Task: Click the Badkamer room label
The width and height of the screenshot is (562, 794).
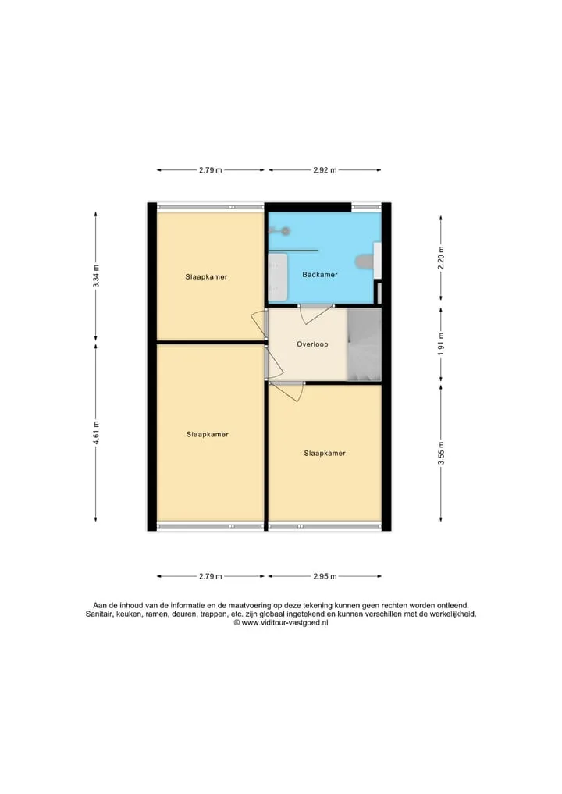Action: pyautogui.click(x=320, y=275)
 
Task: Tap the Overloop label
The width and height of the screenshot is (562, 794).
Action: pyautogui.click(x=312, y=344)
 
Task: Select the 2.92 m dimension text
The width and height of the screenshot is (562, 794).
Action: pyautogui.click(x=325, y=170)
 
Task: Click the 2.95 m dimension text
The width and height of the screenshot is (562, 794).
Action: pyautogui.click(x=325, y=576)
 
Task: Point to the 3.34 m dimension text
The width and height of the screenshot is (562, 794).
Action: pyautogui.click(x=96, y=276)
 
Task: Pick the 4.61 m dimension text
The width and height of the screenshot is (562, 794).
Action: pyautogui.click(x=96, y=433)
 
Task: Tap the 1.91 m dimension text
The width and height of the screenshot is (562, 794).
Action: pyautogui.click(x=441, y=344)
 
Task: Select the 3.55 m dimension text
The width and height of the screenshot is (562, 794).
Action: pyautogui.click(x=441, y=453)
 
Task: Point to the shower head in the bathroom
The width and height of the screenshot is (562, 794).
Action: pyautogui.click(x=286, y=231)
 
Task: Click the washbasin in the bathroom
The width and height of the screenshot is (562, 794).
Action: pyautogui.click(x=278, y=277)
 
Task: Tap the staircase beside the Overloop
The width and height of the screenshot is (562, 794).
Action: pyautogui.click(x=364, y=344)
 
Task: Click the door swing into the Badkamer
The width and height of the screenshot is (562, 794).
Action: pyautogui.click(x=315, y=315)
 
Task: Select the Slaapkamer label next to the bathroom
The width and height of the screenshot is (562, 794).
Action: pyautogui.click(x=206, y=277)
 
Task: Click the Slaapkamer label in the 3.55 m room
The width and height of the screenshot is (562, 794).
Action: pyautogui.click(x=325, y=453)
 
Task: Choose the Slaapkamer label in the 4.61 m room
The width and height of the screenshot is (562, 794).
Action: pyautogui.click(x=207, y=434)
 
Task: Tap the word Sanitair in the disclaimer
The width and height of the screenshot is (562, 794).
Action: pyautogui.click(x=99, y=614)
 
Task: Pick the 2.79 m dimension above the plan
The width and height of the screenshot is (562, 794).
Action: pyautogui.click(x=210, y=170)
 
